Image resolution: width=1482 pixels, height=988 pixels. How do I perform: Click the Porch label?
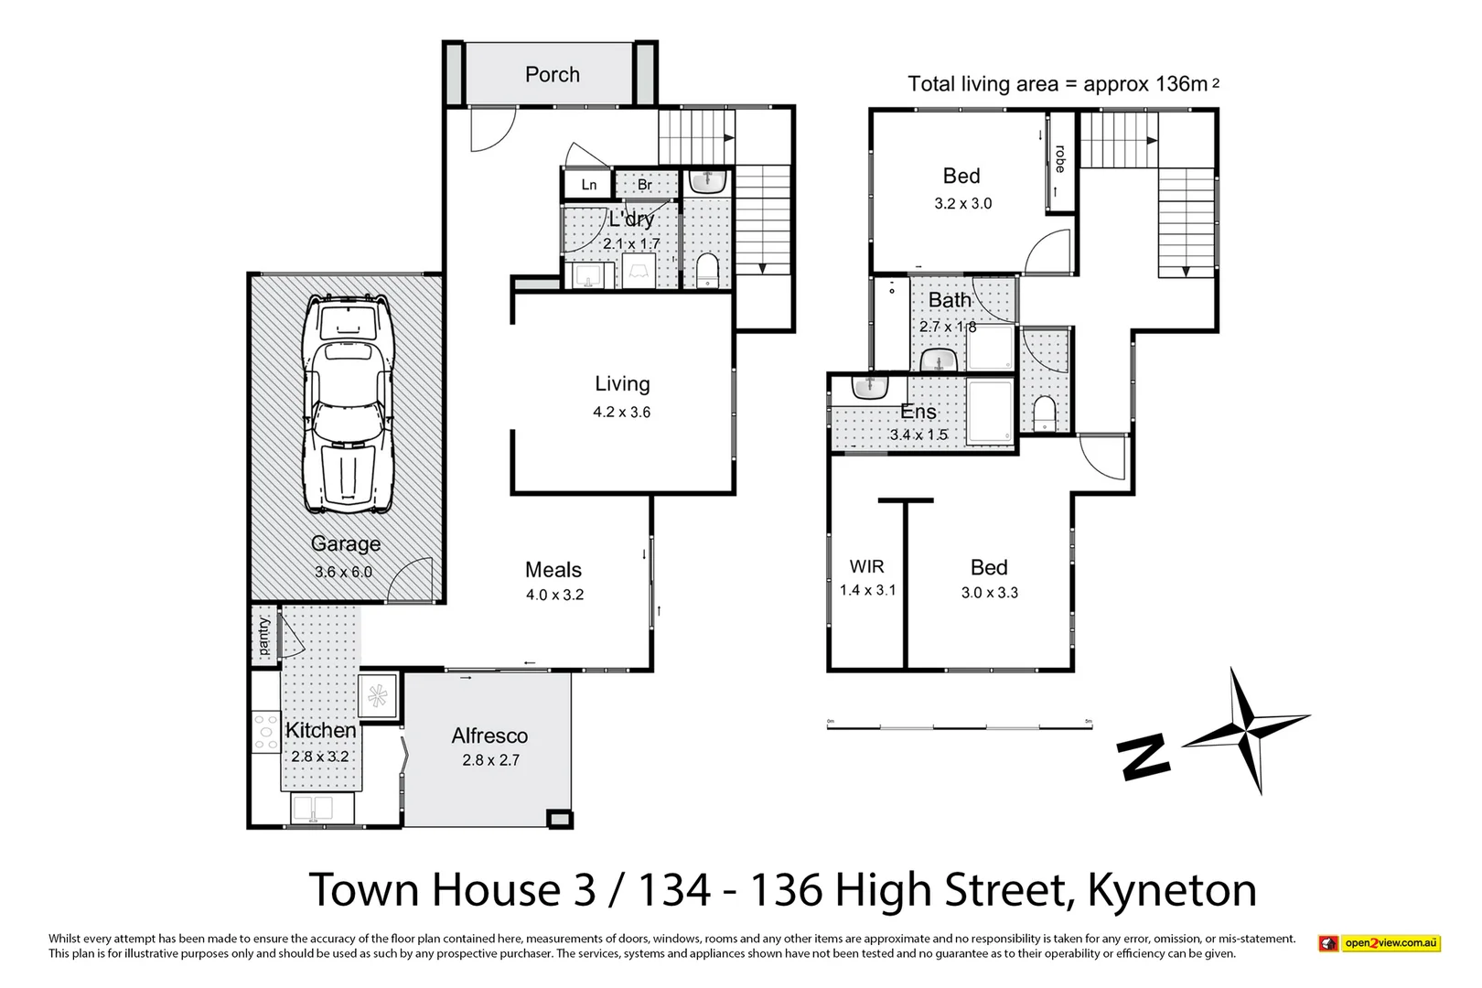pyautogui.click(x=552, y=75)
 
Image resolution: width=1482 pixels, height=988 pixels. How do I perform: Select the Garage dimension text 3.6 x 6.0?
pyautogui.click(x=343, y=572)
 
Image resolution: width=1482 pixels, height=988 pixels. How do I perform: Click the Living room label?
pyautogui.click(x=622, y=384)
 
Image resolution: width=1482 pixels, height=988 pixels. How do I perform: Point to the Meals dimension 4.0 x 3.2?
pyautogui.click(x=554, y=595)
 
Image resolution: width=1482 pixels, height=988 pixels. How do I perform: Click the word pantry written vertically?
pyautogui.click(x=263, y=635)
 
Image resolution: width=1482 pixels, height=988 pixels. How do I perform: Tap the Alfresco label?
pyautogui.click(x=489, y=736)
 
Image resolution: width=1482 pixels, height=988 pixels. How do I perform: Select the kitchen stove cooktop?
pyautogui.click(x=266, y=732)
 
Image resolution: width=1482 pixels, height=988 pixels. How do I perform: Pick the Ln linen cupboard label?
pyautogui.click(x=589, y=185)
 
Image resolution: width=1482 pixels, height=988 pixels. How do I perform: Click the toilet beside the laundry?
pyautogui.click(x=708, y=270)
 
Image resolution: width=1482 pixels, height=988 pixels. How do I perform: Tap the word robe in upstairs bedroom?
pyautogui.click(x=1060, y=159)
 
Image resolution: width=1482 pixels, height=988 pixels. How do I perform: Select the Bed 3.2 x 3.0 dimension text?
pyautogui.click(x=962, y=204)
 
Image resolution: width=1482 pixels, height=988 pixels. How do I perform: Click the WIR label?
pyautogui.click(x=866, y=566)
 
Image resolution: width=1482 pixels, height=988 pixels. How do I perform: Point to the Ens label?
pyautogui.click(x=918, y=412)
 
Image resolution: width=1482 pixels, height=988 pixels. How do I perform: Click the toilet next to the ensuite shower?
pyautogui.click(x=1044, y=413)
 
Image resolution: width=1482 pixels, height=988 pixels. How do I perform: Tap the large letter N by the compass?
pyautogui.click(x=1144, y=757)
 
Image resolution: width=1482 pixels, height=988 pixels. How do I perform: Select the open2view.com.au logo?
pyautogui.click(x=1379, y=943)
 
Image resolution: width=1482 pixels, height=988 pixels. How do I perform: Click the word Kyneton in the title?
pyautogui.click(x=1172, y=890)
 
